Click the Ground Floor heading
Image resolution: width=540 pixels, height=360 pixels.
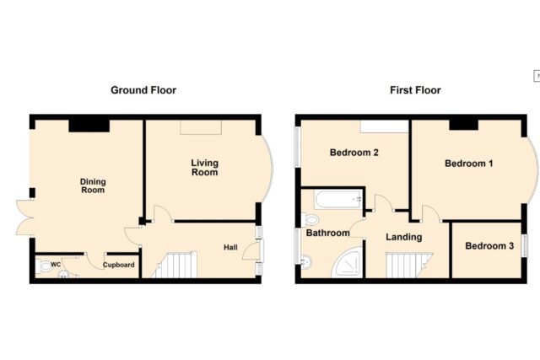pyautogui.click(x=143, y=90)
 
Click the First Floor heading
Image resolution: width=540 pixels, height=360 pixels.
pyautogui.click(x=415, y=90)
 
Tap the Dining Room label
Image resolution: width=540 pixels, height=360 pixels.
pyautogui.click(x=93, y=185)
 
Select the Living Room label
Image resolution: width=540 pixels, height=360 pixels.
pyautogui.click(x=204, y=168)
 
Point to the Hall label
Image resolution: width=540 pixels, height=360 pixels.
pyautogui.click(x=230, y=247)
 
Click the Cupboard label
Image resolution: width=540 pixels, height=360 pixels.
pyautogui.click(x=118, y=265)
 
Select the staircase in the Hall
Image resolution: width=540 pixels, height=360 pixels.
pyautogui.click(x=175, y=265)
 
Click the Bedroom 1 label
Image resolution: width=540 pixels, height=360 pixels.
pyautogui.click(x=469, y=163)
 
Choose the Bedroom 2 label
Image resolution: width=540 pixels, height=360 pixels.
pyautogui.click(x=354, y=152)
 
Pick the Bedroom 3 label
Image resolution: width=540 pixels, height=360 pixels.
pyautogui.click(x=489, y=245)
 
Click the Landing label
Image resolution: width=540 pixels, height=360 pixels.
pyautogui.click(x=403, y=237)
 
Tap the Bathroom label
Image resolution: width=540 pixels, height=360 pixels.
pyautogui.click(x=328, y=233)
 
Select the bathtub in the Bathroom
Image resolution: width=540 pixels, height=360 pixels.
pyautogui.click(x=339, y=200)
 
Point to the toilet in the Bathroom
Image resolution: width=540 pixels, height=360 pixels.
pyautogui.click(x=310, y=219)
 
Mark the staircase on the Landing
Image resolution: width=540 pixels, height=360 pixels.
pyautogui.click(x=409, y=265)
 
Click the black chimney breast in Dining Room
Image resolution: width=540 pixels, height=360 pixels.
pyautogui.click(x=89, y=126)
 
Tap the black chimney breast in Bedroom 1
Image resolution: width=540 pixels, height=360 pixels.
pyautogui.click(x=464, y=124)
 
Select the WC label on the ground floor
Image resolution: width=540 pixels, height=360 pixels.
pyautogui.click(x=56, y=265)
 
